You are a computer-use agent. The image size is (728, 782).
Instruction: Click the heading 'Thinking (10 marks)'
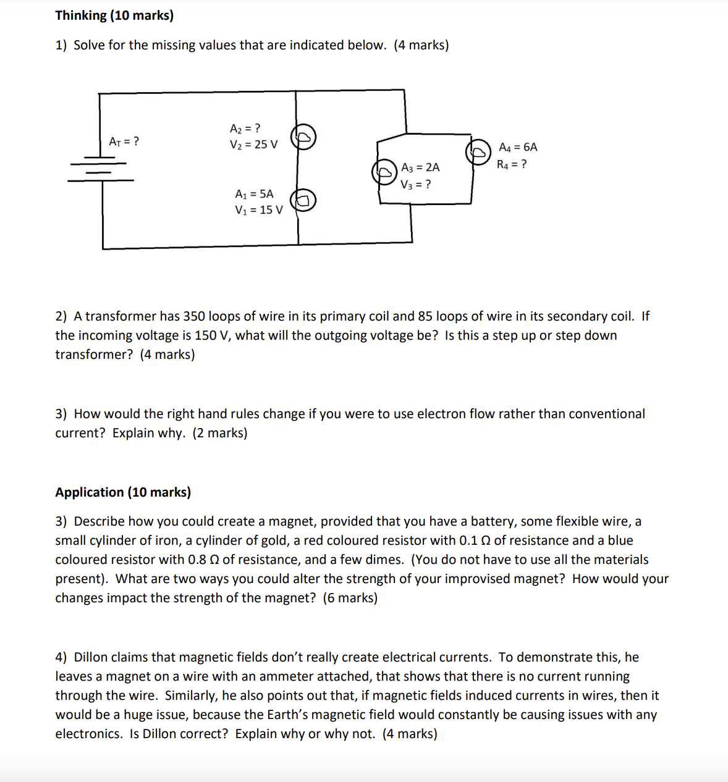[114, 15]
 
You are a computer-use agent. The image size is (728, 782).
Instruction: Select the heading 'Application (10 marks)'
[123, 492]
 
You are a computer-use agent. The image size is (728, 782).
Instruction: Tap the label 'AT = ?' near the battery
[124, 141]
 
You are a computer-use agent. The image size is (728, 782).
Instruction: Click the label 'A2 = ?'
[245, 128]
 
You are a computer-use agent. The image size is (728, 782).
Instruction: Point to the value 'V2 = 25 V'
[253, 145]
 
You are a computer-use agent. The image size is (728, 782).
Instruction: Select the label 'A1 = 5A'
[254, 194]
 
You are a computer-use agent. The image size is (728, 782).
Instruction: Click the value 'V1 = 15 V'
[258, 210]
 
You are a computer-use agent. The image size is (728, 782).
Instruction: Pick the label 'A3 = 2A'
[420, 167]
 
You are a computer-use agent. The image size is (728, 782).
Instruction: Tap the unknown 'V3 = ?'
[415, 184]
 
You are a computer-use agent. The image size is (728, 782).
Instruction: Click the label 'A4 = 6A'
[518, 147]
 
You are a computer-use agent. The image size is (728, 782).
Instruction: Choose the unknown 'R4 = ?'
[512, 164]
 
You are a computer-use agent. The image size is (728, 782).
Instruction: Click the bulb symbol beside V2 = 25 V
[303, 137]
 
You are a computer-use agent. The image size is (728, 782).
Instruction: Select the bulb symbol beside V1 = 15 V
[303, 200]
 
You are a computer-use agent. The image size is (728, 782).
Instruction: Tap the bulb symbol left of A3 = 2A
[384, 171]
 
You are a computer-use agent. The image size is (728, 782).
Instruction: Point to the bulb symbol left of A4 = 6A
[478, 151]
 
